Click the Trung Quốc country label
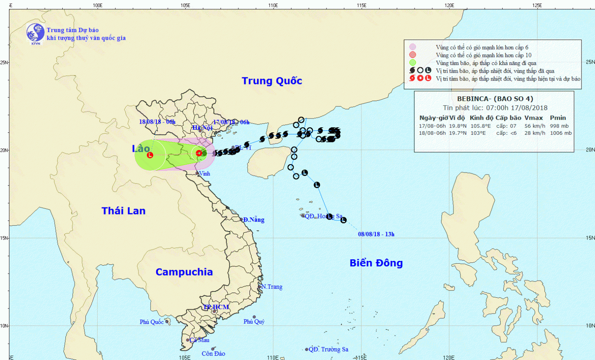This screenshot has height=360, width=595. (272, 81)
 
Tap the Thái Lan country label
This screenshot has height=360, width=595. (123, 211)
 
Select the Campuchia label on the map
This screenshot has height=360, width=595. (184, 272)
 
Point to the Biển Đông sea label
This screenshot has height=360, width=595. (376, 263)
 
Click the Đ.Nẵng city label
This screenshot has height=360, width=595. (253, 220)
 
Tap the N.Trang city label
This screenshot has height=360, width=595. (272, 287)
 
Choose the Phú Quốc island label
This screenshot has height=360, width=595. (152, 322)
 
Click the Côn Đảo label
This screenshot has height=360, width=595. (213, 354)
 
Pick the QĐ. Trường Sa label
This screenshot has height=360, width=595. (328, 349)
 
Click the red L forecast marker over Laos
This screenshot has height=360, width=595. (150, 155)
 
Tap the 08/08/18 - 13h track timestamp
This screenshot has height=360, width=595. (376, 234)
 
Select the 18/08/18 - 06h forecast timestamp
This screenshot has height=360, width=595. (157, 122)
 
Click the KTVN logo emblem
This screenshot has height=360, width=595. (35, 33)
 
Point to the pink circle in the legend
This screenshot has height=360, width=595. (413, 47)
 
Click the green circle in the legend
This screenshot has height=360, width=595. (413, 63)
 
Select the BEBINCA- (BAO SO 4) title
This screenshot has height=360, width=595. (495, 99)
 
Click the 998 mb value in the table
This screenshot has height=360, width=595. (559, 126)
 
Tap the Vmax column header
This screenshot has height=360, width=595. (534, 118)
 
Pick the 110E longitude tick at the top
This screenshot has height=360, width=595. (273, 5)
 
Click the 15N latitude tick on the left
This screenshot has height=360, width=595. (4, 238)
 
